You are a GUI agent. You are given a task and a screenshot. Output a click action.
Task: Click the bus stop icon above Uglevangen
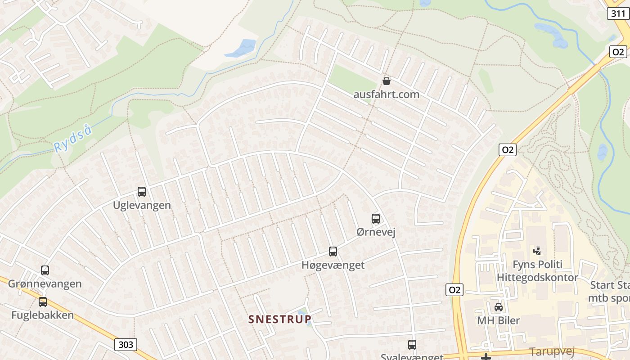coord(142,192)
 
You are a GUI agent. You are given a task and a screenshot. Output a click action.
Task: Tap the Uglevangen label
coord(142,205)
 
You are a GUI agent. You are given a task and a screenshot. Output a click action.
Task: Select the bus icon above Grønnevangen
coord(45,270)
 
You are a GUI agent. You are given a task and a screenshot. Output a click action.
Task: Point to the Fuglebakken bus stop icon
coord(43,302)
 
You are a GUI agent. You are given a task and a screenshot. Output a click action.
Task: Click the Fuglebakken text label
coord(42,315)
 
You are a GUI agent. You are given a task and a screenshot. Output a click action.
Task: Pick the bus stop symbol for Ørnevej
coord(376,219)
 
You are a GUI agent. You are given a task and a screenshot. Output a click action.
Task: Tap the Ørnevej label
coord(376,232)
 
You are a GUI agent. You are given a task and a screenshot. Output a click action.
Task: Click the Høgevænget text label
coord(333,265)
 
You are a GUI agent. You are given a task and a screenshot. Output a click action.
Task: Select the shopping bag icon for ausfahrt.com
coord(386,81)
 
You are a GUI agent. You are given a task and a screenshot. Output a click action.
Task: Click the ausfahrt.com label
coord(386,94)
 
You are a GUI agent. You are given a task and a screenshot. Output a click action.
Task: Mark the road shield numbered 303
coord(126,345)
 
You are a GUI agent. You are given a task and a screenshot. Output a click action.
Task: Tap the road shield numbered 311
coord(618,14)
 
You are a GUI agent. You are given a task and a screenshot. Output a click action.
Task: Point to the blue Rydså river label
coord(73,139)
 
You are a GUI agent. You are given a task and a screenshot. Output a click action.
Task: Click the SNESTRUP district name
coord(280,319)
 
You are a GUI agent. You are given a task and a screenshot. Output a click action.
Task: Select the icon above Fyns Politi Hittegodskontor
coord(537,251)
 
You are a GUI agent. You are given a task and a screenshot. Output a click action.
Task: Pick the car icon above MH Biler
coord(499,307)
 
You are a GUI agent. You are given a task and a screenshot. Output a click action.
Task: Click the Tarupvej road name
coord(553,351)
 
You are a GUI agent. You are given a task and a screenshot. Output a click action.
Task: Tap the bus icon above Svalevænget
coord(412,345)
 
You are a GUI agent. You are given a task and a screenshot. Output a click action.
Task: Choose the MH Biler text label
coord(499,321)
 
